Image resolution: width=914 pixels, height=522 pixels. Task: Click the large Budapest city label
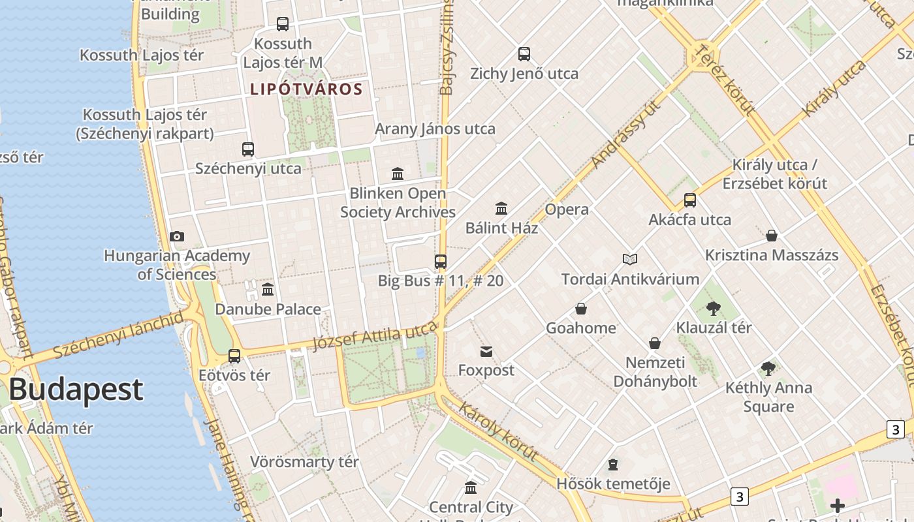point(76,389)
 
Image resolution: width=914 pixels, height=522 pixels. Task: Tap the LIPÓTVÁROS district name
point(306,89)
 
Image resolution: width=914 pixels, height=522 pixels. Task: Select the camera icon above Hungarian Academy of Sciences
point(176,236)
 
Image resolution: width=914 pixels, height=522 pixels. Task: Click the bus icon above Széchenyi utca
point(248,149)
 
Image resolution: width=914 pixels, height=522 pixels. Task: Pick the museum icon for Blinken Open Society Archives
point(398,174)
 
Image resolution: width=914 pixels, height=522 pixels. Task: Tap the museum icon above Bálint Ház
point(501,209)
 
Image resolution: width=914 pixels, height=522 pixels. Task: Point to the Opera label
point(567,209)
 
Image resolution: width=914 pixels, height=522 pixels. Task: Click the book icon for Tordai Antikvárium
point(630,260)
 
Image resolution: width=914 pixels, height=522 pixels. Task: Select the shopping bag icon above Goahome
point(581,309)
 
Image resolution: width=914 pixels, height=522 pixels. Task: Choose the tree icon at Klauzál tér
point(714,309)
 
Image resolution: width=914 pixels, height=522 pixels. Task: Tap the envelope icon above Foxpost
point(486,352)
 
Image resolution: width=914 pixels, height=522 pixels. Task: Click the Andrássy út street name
point(623,140)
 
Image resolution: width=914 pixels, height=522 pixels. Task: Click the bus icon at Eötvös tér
point(234,356)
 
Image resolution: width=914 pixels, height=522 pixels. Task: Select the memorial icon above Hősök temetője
point(613,465)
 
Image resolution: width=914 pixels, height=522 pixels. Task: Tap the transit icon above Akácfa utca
point(690,200)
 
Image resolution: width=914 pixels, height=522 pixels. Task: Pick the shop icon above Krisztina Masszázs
point(772,236)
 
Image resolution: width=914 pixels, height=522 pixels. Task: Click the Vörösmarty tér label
point(304,462)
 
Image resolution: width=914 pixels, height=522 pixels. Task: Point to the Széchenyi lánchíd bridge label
point(119,335)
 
